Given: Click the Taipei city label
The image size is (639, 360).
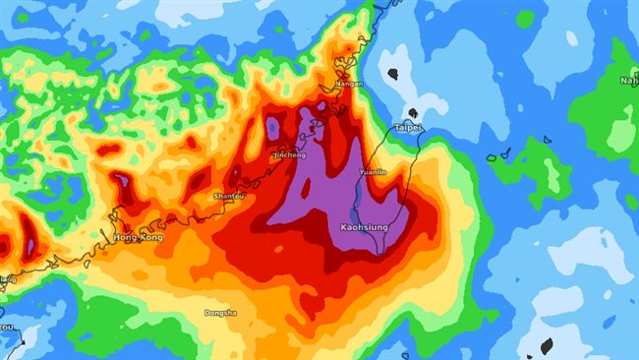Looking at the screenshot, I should pyautogui.click(x=408, y=128).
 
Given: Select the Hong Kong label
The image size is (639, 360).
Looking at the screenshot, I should pyautogui.click(x=137, y=238).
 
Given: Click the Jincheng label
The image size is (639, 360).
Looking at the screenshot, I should pyautogui.click(x=289, y=155).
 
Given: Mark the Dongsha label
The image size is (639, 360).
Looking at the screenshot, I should pyautogui.click(x=219, y=314).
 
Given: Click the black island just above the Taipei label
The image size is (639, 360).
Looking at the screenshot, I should pyautogui.click(x=414, y=113).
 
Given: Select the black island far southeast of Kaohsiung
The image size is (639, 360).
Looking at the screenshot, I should pyautogui.click(x=547, y=345).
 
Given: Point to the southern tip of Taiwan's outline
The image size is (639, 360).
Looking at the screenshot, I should pyautogui.click(x=381, y=253).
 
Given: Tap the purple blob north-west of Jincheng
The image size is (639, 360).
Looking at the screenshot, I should pyautogui.click(x=272, y=127).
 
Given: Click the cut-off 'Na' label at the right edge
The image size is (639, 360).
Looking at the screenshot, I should pyautogui.click(x=628, y=81).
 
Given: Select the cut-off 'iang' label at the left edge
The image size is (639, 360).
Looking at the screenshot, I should pyautogui.click(x=8, y=279).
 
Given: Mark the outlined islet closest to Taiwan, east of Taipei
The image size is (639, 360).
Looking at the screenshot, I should pyautogui.click(x=493, y=156).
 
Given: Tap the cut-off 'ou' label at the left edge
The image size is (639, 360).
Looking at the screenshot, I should pyautogui.click(x=6, y=327).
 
